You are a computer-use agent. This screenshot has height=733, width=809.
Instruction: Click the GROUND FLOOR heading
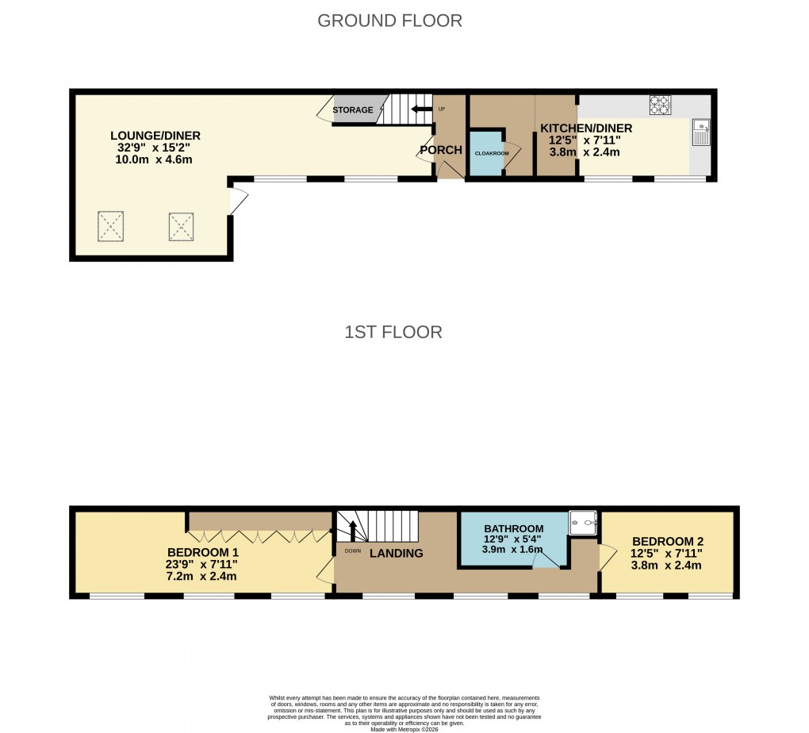(389, 21)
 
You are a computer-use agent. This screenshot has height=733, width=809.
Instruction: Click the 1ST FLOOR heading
(393, 332)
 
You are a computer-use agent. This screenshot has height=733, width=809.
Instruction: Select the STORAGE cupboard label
(353, 110)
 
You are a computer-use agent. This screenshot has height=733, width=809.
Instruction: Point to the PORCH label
(441, 150)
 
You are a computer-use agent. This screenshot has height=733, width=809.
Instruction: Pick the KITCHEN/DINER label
(586, 129)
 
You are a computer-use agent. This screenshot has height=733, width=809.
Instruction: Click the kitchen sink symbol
(700, 132)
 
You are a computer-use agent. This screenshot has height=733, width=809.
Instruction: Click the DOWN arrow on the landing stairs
(353, 530)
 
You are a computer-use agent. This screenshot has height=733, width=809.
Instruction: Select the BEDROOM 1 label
(202, 552)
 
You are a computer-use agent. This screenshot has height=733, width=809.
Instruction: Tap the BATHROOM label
(514, 529)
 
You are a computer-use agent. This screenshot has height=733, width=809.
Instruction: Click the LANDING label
(396, 554)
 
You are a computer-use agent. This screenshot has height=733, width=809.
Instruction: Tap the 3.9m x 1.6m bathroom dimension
(514, 549)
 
